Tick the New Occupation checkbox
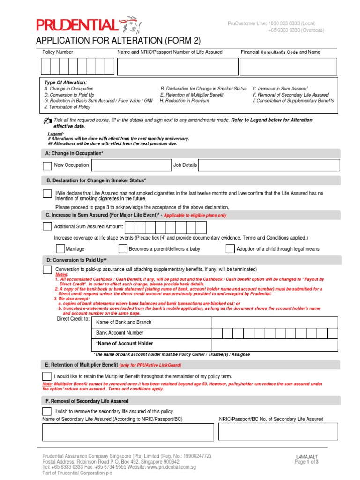coord(47,165)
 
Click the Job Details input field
coord(269,165)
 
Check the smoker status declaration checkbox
coord(47,194)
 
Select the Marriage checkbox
coord(60,249)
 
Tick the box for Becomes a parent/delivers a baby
coord(123,249)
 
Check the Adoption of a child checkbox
coord(230,249)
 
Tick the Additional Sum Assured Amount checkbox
coord(47,226)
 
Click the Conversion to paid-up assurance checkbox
coord(47,270)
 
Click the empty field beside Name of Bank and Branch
coord(275,322)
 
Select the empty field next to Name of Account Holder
coord(275,344)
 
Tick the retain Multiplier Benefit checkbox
coord(47,376)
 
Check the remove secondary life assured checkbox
coord(47,411)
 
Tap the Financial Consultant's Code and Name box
coord(288,67)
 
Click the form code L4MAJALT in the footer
coord(307,456)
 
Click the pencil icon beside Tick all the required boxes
coord(48,120)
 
